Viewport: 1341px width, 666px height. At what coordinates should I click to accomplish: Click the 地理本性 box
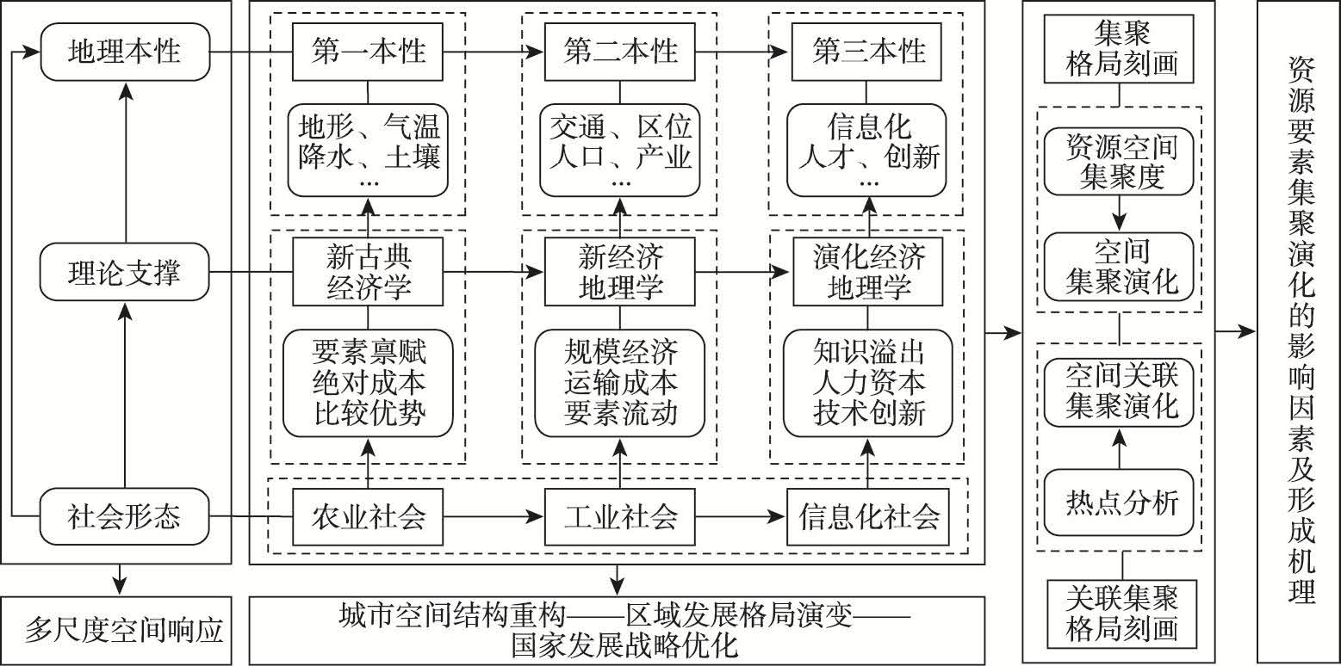[125, 52]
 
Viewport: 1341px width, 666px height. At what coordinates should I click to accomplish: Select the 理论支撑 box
[125, 275]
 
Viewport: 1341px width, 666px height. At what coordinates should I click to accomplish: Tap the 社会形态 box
[125, 516]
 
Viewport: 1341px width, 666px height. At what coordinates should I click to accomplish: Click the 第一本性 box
[368, 52]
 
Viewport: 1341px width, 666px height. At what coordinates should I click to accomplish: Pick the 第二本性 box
[620, 52]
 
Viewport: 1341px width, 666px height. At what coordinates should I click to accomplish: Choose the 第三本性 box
[868, 52]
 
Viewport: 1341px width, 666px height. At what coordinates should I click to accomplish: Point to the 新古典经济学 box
[368, 273]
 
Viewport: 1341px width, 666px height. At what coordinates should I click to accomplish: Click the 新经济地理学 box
[620, 273]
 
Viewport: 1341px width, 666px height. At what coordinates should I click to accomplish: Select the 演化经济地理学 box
[868, 273]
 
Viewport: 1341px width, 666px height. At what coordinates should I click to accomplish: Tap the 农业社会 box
[368, 517]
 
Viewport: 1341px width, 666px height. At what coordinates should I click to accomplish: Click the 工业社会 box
[620, 517]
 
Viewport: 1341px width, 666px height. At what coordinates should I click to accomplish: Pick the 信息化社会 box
[868, 517]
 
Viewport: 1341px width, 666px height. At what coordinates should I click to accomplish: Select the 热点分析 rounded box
[1120, 502]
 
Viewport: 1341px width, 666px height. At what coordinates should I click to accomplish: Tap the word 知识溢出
[868, 352]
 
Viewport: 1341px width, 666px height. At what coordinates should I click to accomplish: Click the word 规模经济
[620, 352]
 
